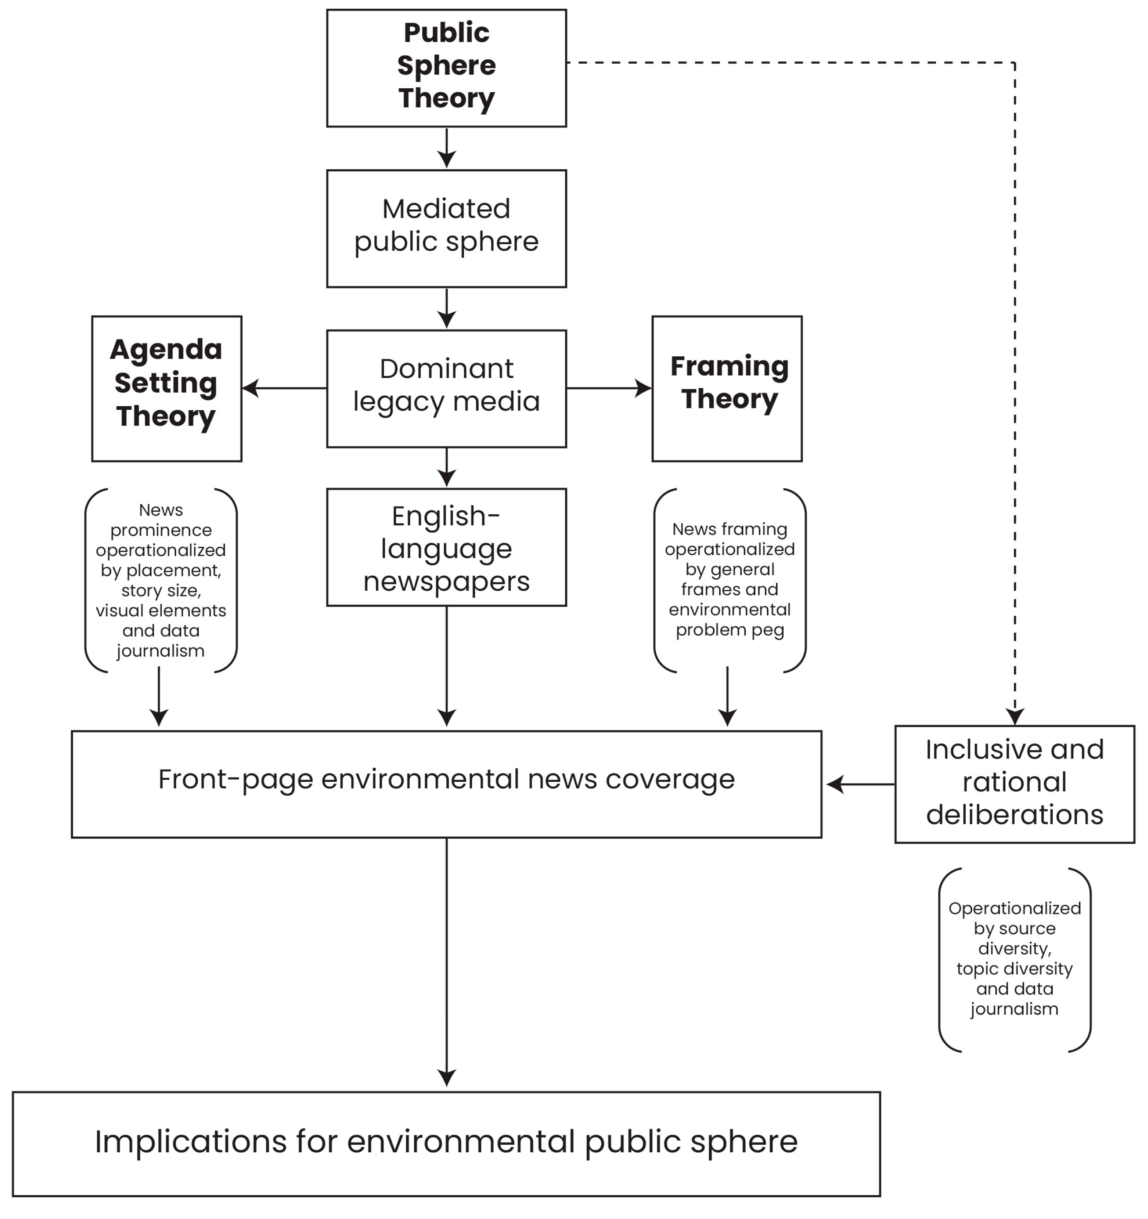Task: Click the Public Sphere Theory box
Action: tap(446, 68)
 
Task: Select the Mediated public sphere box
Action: tap(446, 228)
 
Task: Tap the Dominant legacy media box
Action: tap(446, 389)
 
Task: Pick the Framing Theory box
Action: tap(727, 389)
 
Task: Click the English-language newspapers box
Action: tap(446, 547)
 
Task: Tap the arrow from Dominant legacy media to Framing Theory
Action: tap(609, 388)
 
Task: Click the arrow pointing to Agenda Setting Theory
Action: tap(284, 388)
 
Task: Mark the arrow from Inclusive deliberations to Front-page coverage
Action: tap(861, 784)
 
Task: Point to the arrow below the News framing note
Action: tap(727, 697)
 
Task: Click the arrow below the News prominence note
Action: tap(159, 697)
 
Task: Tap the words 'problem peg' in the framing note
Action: tap(730, 631)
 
